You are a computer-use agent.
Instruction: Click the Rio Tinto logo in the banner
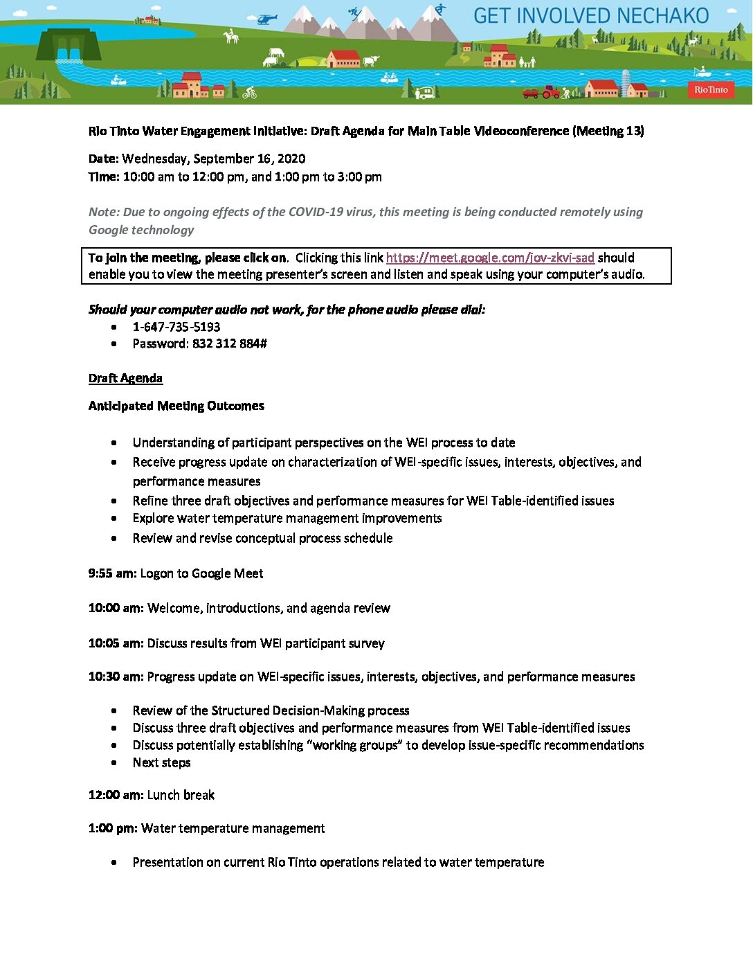click(711, 89)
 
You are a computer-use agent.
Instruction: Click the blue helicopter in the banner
click(266, 19)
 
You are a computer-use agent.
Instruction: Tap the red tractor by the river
click(550, 91)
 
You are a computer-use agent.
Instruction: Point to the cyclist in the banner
click(249, 92)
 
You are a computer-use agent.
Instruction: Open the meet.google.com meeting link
click(490, 258)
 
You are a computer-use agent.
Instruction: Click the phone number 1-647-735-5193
click(176, 327)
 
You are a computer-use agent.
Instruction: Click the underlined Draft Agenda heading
click(125, 378)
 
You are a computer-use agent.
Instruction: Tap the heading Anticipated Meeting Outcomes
click(176, 406)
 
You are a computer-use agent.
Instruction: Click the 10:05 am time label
click(116, 643)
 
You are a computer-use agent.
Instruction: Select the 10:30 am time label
click(116, 677)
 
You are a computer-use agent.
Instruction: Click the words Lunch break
click(181, 795)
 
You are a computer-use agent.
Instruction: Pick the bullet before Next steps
click(114, 762)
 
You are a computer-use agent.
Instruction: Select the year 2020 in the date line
click(291, 159)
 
